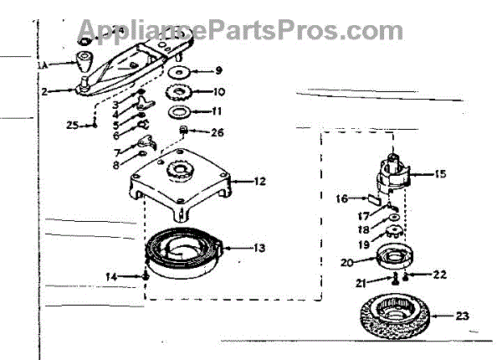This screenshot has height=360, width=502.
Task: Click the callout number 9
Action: click(x=218, y=72)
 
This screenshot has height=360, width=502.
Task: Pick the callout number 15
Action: click(x=439, y=174)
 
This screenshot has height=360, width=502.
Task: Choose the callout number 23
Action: click(x=463, y=316)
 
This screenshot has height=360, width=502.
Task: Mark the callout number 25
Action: click(x=73, y=125)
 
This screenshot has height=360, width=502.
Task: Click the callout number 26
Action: click(x=217, y=131)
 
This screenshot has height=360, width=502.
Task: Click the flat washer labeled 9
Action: click(x=181, y=71)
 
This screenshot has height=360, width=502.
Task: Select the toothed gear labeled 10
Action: click(x=180, y=91)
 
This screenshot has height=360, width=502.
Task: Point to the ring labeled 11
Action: click(x=180, y=111)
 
